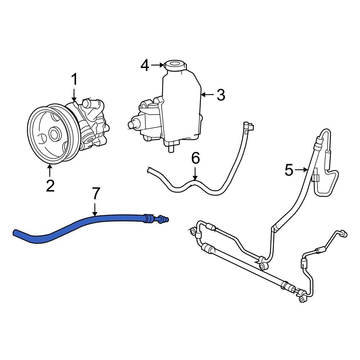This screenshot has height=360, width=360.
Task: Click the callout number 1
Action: coord(74,80)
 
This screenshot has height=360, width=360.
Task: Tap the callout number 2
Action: coord(50,186)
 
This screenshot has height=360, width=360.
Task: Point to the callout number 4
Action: coord(145,66)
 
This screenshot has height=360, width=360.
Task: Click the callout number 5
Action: coord(289,170)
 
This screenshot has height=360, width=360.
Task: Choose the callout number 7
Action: coord(95,194)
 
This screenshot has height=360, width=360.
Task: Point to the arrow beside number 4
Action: coord(157,65)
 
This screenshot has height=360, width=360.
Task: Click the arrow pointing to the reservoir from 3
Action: coord(207,95)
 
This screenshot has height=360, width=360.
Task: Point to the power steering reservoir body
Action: coord(182,104)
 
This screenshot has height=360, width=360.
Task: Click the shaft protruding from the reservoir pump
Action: coord(133,124)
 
